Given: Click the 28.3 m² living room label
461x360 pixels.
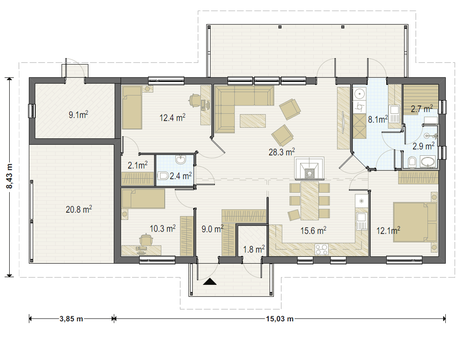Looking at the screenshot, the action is pos(282,152).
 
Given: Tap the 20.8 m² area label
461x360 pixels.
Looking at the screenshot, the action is pos(79,209).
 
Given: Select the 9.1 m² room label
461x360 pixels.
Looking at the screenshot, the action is pos(78,114).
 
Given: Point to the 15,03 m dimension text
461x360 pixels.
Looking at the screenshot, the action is pos(280,319).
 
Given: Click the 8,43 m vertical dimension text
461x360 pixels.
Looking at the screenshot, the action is pos(9,177).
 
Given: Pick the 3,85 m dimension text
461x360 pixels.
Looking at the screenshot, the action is pos(71,319).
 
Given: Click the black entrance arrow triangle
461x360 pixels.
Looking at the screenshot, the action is pos(210,282).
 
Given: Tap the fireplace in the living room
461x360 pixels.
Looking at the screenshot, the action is pos(309,168).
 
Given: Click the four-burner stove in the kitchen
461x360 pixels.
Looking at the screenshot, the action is pos(321,249).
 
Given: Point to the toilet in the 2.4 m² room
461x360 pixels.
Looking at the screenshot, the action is pos(163,176).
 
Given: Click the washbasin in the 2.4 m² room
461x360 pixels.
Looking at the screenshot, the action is pos(180,160).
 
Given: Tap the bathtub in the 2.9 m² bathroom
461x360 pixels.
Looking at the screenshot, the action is pos(428,162).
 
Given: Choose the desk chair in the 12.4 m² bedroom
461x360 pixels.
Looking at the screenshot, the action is pos(195,100).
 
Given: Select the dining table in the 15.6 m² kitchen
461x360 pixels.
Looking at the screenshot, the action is pos(310,201).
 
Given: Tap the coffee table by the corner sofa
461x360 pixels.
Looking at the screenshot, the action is pos(253,121).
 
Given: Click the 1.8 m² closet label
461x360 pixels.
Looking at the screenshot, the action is pos(254,249).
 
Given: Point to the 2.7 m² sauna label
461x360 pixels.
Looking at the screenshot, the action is pos(422,109).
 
